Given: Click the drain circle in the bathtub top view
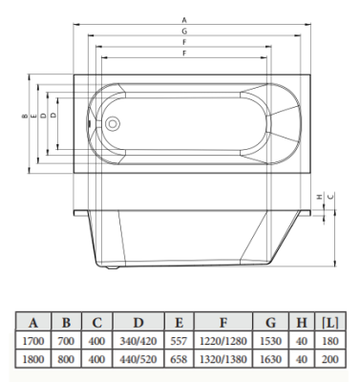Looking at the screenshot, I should tap(110, 123).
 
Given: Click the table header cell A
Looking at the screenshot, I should tap(33, 321).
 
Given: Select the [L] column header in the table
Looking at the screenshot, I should tap(329, 321).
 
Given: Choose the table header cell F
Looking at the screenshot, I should tap(222, 321).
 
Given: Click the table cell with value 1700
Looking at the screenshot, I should tap(33, 339).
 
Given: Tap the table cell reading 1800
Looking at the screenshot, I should tap(33, 358).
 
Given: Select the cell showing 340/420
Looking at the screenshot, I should tap(138, 339).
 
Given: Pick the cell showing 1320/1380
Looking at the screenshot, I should tap(222, 358).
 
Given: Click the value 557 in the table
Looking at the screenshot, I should tap(179, 339).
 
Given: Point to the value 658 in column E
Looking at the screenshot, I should tap(179, 358).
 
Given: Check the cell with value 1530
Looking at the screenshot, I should tap(271, 339).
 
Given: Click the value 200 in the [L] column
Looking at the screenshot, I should tap(329, 358).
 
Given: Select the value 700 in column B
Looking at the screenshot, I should tap(67, 339).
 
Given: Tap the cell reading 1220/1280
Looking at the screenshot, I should tap(222, 339).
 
